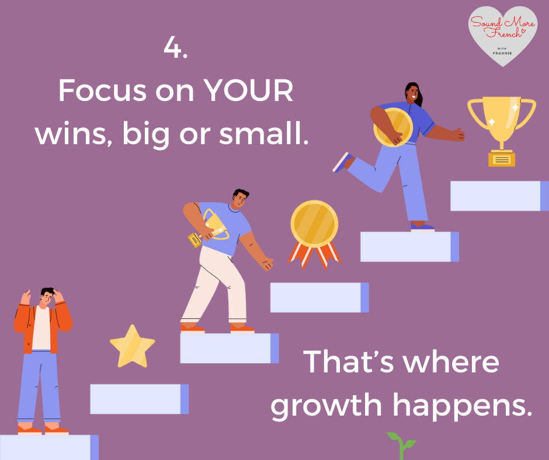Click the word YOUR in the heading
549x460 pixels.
[x=248, y=90]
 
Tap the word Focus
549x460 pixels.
[x=102, y=90]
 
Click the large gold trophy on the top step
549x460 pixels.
[x=502, y=131]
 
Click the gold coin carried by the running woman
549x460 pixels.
[x=393, y=127]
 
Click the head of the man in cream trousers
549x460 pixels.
[x=240, y=198]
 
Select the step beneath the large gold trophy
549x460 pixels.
[x=499, y=196]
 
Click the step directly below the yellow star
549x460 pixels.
[x=140, y=399]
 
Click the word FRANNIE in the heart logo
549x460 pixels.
[x=502, y=53]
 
